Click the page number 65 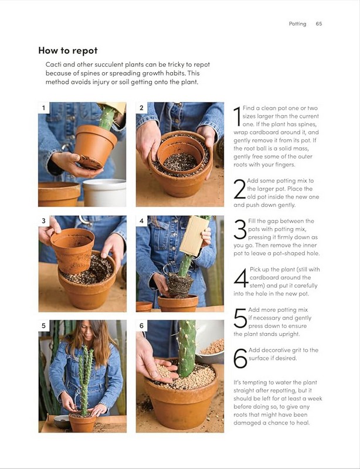pos(319,23)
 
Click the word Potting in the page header pos(297,24)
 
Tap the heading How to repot pos(68,50)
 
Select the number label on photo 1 pos(44,108)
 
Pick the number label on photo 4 pos(141,221)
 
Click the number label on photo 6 pos(141,325)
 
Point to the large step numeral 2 pos(240,189)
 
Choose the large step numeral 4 pos(241,278)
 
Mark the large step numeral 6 pos(240,358)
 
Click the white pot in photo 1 pos(104,193)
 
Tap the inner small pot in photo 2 pos(181,154)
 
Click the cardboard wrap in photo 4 pos(195,236)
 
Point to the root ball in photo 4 pos(180,285)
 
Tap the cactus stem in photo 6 pos(186,348)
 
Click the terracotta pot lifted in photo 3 pos(73,250)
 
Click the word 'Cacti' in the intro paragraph pos(53,64)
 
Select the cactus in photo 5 pos(84,380)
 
